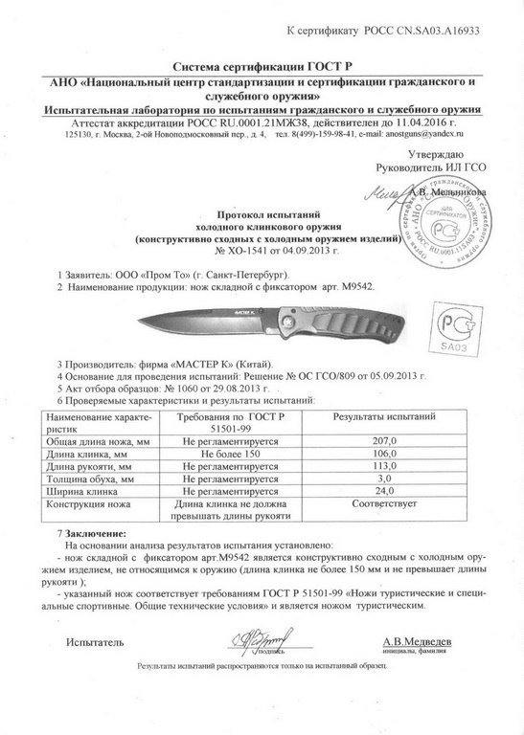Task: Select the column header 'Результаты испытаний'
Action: (x=384, y=418)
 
